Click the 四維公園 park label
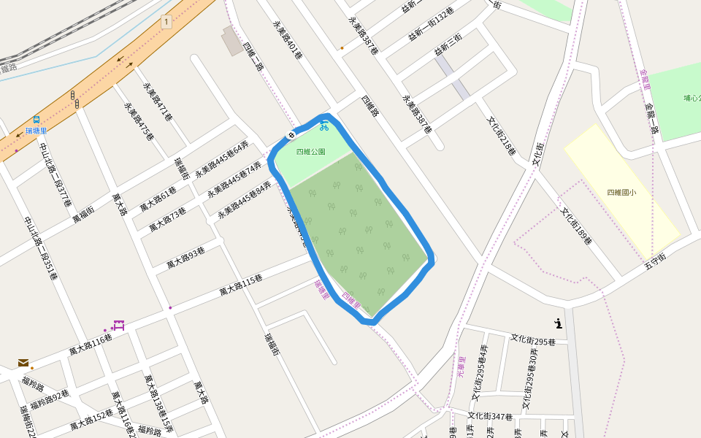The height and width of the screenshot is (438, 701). coord(311,152)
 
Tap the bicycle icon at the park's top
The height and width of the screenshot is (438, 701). coord(323,126)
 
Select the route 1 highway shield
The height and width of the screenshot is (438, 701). coord(167,22)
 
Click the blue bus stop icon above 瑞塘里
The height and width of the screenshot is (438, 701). coord(36,120)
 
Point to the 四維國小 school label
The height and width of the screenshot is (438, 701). coord(621,193)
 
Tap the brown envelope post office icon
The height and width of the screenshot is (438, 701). coord(23,362)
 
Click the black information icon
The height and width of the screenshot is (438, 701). coord(559,323)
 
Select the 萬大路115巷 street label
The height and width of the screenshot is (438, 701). coord(241,285)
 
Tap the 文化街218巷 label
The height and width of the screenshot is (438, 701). coord(502,136)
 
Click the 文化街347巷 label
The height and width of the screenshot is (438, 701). coord(490,416)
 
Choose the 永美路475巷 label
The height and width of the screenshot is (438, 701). coord(139,120)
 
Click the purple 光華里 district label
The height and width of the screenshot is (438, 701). coord(461,366)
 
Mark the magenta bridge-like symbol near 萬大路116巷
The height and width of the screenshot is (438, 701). coord(119,325)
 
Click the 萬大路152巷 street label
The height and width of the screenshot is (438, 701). coord(91,420)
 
